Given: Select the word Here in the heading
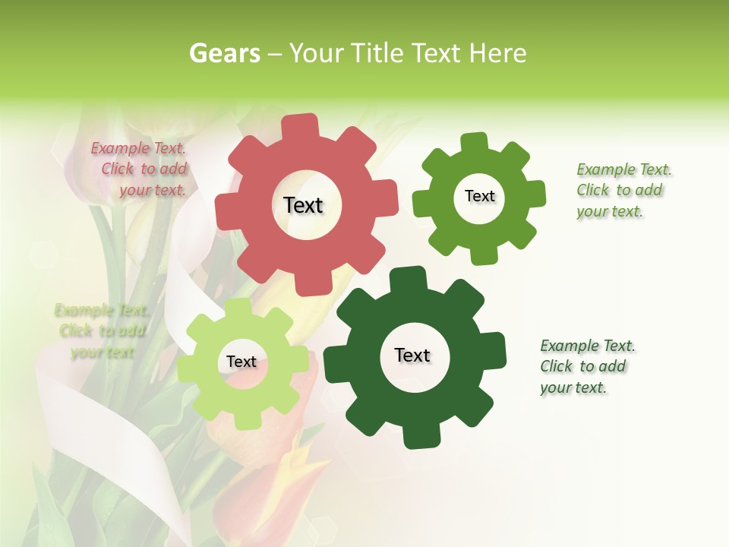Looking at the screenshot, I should [x=497, y=53].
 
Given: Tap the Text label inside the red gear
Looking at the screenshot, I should [x=303, y=205].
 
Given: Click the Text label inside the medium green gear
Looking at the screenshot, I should [x=479, y=196].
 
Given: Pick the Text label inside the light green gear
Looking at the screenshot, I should [x=241, y=362].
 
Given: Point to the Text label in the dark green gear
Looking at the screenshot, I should [x=412, y=355].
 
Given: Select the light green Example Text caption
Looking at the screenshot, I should [x=102, y=331].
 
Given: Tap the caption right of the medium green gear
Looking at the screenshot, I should [x=623, y=190].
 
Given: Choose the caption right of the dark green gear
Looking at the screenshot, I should [x=586, y=366].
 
